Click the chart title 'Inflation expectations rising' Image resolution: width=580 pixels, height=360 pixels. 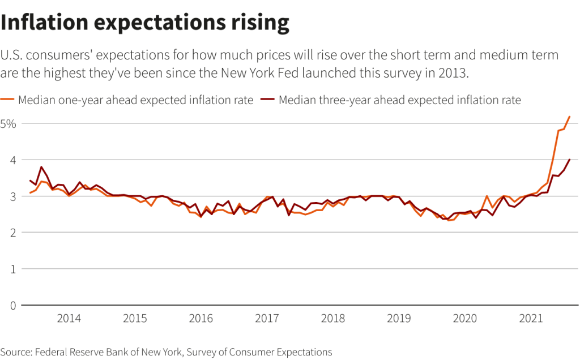(x=145, y=22)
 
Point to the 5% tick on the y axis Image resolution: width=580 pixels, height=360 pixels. (x=10, y=123)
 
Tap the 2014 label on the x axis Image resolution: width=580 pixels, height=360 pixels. (x=69, y=318)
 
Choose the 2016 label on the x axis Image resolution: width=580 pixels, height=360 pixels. (x=201, y=318)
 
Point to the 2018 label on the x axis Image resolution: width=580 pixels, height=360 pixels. (x=332, y=318)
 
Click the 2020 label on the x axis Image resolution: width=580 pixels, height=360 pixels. (x=464, y=318)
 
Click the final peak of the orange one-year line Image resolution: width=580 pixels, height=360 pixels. (x=569, y=117)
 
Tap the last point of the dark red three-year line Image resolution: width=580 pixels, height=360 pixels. (x=569, y=160)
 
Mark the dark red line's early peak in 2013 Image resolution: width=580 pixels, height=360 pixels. (x=41, y=167)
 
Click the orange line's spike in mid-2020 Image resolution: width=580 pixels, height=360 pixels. (x=487, y=196)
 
